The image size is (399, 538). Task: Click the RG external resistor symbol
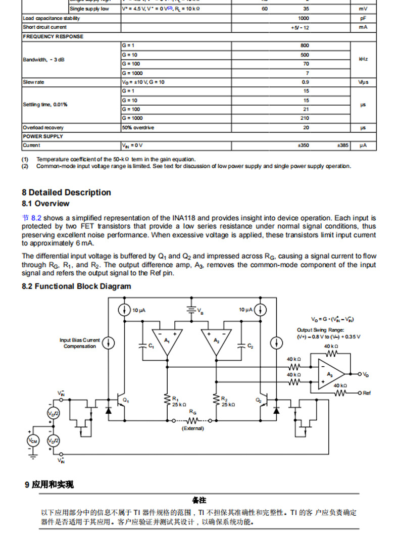click(x=192, y=420)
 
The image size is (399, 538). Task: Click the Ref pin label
click(x=367, y=393)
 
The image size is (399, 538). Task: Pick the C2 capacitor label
click(x=250, y=346)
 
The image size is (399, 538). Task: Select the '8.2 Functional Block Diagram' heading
click(x=76, y=286)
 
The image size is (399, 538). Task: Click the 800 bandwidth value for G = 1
click(x=305, y=45)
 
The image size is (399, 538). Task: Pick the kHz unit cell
click(x=363, y=59)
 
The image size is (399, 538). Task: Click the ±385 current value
click(x=343, y=145)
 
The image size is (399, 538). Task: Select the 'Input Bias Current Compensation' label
click(x=80, y=343)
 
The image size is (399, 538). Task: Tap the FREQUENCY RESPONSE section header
click(x=53, y=36)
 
